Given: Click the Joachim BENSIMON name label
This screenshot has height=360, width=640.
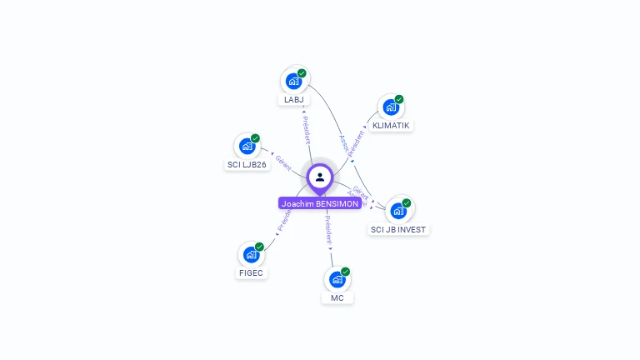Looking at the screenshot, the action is tap(320, 203).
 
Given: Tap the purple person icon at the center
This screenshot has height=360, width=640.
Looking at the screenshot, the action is tap(320, 177).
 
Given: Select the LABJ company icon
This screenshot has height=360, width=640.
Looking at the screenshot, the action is tap(293, 81).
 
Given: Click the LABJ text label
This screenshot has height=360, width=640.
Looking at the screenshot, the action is tap(293, 100).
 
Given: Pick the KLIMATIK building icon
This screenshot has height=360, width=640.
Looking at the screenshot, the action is tap(391, 107).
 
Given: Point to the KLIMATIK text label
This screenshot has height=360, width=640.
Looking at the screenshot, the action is tap(392, 126).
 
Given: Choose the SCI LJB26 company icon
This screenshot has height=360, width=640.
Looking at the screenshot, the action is tap(247, 146).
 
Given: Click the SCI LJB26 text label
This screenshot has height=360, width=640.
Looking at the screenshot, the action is tap(247, 165).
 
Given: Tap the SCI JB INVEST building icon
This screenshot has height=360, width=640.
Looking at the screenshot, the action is tap(398, 210).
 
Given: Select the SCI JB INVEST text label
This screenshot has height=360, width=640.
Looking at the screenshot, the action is tap(399, 229).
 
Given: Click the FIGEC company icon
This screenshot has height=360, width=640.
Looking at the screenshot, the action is tap(251, 254).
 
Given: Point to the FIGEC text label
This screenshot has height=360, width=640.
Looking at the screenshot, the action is tap(251, 273).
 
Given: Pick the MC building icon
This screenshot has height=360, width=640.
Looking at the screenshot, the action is tap(337, 279).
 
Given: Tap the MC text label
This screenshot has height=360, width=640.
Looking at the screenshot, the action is tap(337, 298).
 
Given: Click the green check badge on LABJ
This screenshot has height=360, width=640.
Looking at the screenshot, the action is tap(302, 73).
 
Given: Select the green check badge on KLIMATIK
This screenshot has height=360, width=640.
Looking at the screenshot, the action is tap(399, 99).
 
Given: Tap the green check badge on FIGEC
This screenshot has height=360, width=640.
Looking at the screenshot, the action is tap(259, 247).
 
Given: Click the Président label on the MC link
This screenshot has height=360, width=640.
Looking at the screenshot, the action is tap(328, 229).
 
